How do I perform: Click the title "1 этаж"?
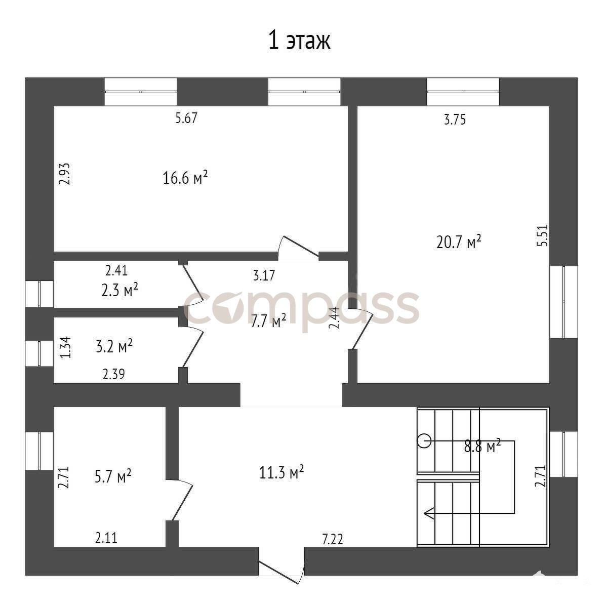(x=299, y=41)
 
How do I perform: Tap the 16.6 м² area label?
(x=185, y=178)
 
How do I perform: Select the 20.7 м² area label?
(x=459, y=242)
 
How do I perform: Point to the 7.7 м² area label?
(x=268, y=320)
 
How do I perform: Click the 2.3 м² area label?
(x=119, y=290)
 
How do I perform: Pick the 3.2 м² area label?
(x=114, y=346)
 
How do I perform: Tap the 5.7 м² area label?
(x=113, y=476)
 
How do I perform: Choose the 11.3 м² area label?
(x=282, y=472)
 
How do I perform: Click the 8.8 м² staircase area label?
(x=482, y=447)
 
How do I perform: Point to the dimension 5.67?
(x=186, y=117)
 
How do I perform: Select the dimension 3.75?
(x=455, y=119)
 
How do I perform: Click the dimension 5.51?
(x=542, y=235)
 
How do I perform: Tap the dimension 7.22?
(x=332, y=539)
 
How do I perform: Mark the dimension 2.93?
(x=65, y=174)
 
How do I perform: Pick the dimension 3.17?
(x=264, y=275)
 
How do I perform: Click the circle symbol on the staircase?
(x=425, y=440)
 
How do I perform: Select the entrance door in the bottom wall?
(x=283, y=565)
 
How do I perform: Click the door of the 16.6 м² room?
(x=299, y=247)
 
